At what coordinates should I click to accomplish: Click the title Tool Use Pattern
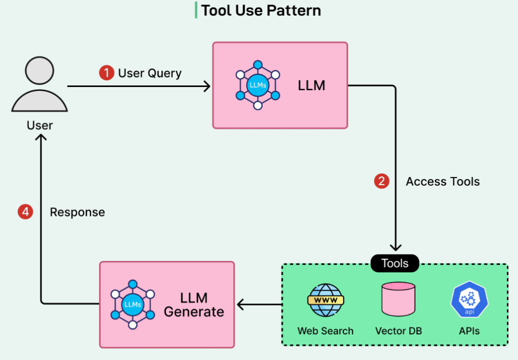coord(261,11)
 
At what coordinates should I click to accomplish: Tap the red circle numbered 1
coord(106,73)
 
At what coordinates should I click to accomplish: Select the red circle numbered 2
coord(381,182)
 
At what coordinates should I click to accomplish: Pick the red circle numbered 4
coord(25,212)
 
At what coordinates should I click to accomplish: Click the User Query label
coord(150,73)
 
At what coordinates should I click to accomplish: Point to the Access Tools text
coord(443,182)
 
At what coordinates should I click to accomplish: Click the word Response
coord(77,212)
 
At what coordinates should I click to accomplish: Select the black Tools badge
coord(395,263)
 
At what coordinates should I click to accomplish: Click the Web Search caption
coord(325,331)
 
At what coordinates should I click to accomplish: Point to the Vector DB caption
coord(398,331)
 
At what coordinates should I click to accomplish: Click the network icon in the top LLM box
coord(258,85)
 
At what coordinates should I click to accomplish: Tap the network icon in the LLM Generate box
coord(133,304)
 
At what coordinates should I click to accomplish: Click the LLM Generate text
coord(194,304)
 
